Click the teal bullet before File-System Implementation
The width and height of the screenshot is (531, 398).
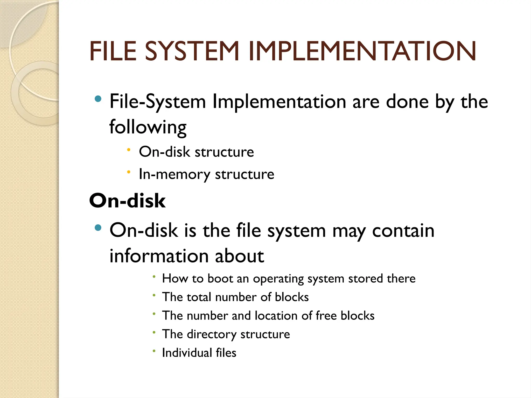tap(98, 99)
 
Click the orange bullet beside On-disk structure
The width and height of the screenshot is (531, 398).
tap(129, 150)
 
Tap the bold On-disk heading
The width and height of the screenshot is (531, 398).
tap(127, 201)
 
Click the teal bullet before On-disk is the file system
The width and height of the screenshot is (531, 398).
tap(98, 228)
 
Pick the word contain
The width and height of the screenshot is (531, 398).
tap(403, 230)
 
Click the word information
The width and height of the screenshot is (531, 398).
tap(159, 256)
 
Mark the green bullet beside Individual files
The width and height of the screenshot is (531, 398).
tap(154, 351)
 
